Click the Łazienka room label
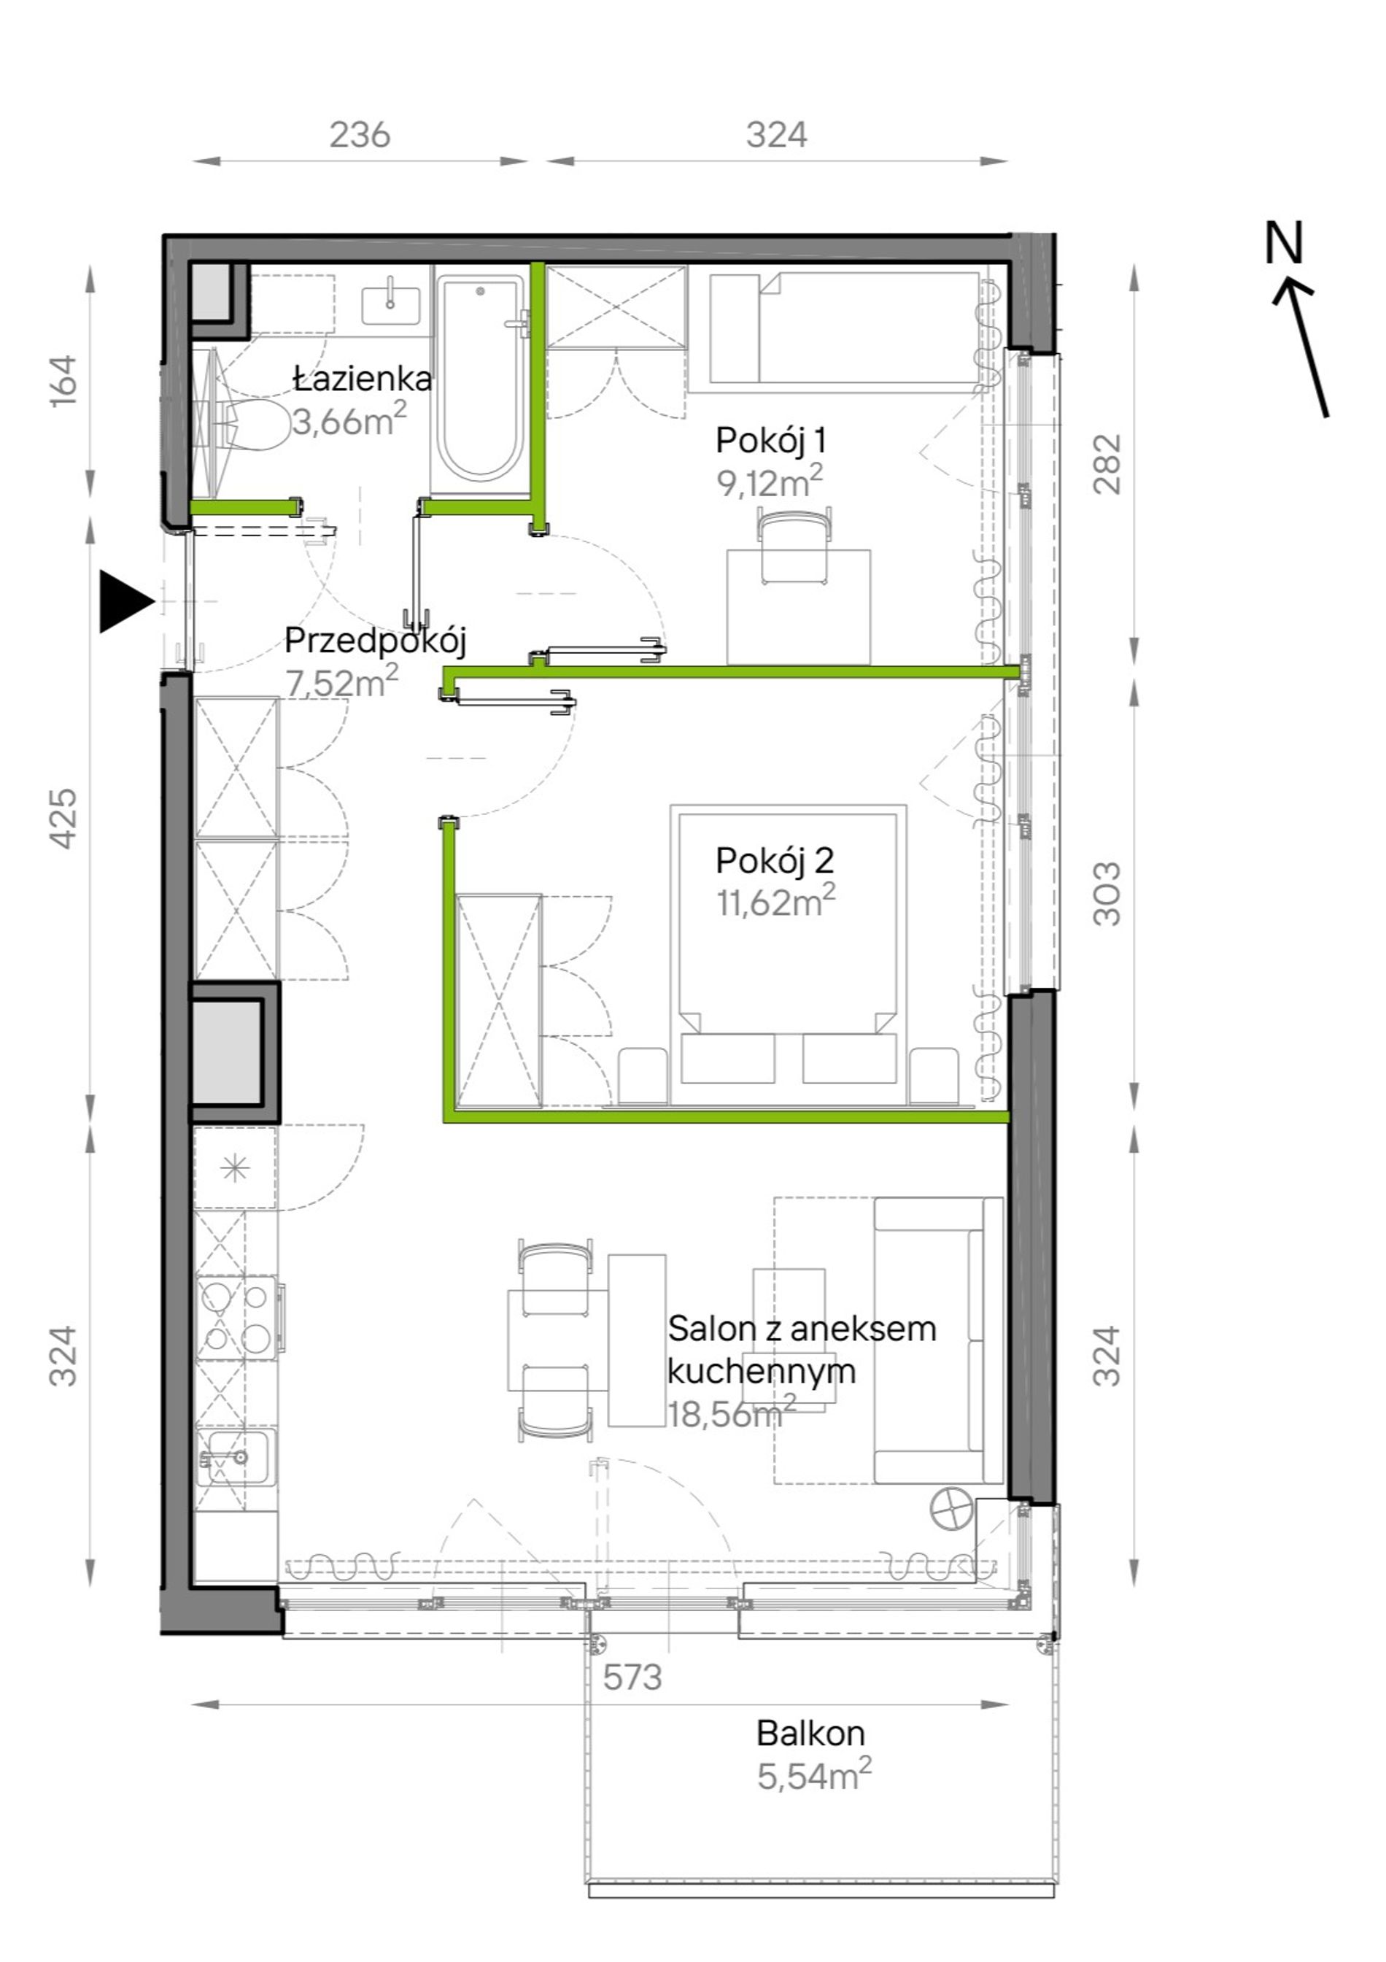[363, 379]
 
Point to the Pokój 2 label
[774, 860]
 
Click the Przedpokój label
[375, 640]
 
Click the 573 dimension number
[632, 1678]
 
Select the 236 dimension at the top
[360, 135]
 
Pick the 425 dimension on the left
[64, 818]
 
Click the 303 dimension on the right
[1107, 893]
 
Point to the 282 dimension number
[1107, 464]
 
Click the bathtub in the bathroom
[479, 379]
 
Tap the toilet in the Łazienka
[255, 425]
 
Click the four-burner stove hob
[236, 1318]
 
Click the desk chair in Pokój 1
[794, 545]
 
